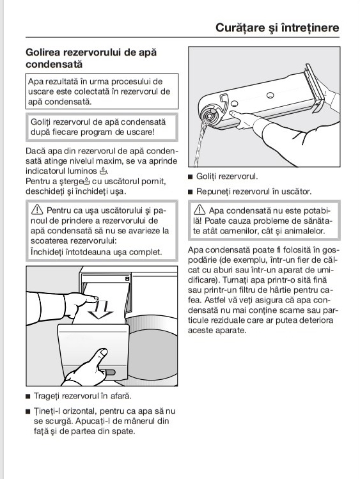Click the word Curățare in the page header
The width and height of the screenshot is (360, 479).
[240, 27]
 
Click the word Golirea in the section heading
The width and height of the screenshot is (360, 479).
[42, 52]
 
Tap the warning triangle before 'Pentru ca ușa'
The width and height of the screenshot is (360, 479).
[37, 210]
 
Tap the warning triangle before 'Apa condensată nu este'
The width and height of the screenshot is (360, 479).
[200, 210]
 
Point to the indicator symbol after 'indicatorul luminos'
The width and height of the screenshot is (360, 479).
[103, 171]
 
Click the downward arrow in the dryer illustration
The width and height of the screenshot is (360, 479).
[100, 310]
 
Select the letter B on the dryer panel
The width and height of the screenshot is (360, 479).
[127, 279]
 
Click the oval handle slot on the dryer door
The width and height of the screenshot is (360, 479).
[109, 372]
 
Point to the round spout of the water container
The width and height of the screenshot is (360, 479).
[210, 116]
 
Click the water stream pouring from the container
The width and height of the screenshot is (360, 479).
[200, 144]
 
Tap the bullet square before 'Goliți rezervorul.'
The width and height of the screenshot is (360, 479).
[190, 177]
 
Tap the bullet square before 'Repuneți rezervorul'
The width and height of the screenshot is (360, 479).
[190, 192]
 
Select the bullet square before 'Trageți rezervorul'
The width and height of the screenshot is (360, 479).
[27, 397]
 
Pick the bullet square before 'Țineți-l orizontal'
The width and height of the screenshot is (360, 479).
[27, 412]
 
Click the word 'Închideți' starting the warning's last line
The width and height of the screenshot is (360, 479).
[46, 253]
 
